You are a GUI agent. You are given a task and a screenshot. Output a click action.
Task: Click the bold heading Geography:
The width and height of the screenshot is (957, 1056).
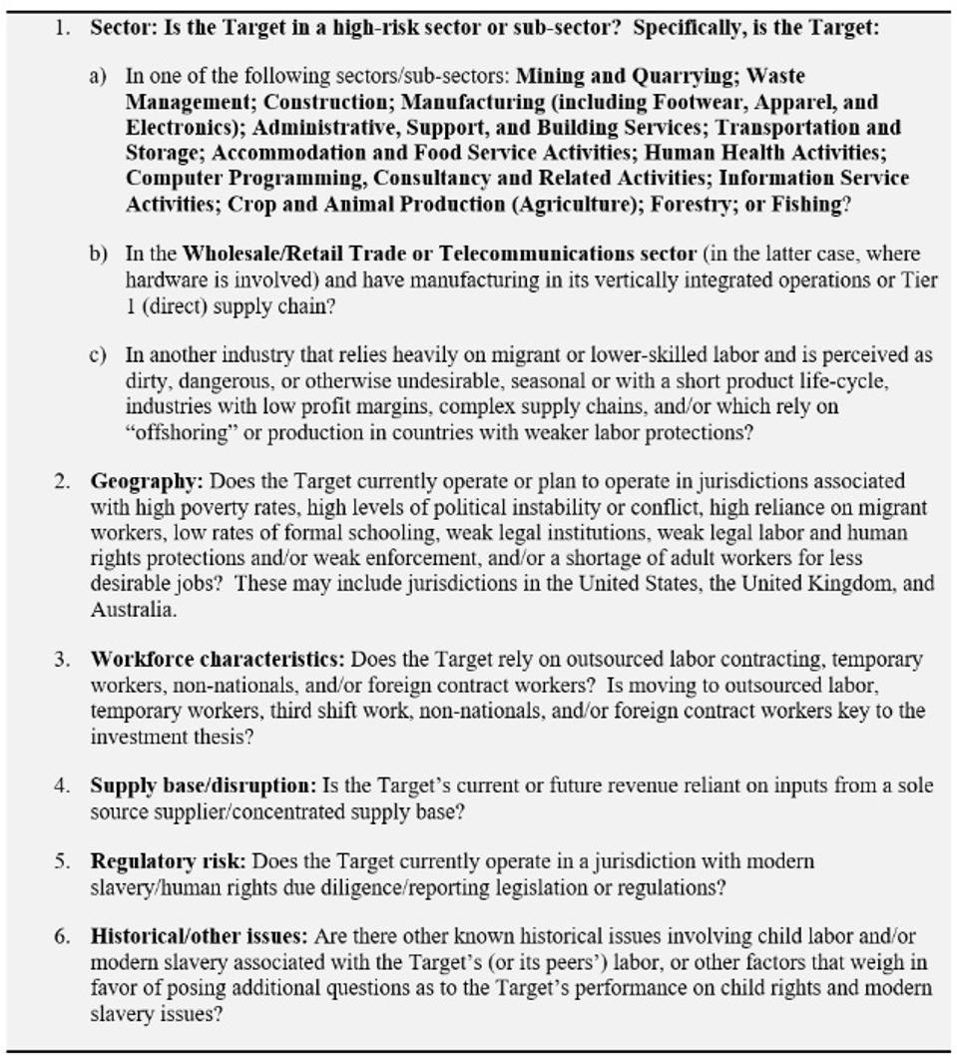coord(147,481)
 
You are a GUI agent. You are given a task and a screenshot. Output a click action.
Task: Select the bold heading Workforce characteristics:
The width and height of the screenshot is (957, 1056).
coord(218,659)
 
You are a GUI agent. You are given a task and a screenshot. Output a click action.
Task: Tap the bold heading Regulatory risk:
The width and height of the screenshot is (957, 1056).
coord(167,860)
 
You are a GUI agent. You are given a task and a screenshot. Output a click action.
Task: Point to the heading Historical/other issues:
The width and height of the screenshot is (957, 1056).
coord(201,937)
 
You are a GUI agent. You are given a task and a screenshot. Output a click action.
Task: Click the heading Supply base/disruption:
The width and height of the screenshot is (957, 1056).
coord(204,786)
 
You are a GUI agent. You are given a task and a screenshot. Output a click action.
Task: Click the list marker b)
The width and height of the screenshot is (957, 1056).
coord(98,254)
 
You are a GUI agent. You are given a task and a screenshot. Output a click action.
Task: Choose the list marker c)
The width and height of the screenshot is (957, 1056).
coord(98,355)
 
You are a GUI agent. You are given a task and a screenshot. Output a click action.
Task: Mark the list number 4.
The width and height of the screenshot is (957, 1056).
coord(62,786)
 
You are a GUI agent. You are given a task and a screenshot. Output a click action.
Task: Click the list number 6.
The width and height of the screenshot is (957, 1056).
coord(62,937)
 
